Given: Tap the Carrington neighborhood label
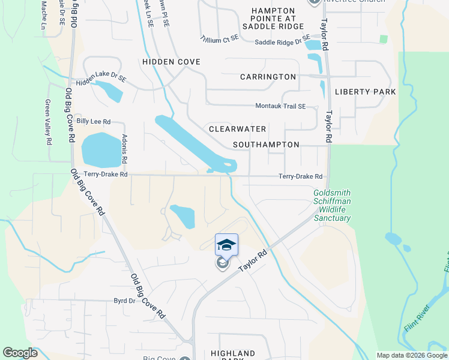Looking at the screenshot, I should click(268, 77).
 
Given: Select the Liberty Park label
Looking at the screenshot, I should click(366, 92).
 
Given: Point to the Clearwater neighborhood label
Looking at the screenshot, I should click(237, 129).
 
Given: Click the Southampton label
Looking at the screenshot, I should click(266, 145).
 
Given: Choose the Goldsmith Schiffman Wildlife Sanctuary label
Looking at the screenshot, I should click(332, 206).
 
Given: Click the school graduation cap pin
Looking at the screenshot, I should click(226, 245).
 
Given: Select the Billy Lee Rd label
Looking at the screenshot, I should click(94, 121).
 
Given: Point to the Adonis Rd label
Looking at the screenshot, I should click(124, 150).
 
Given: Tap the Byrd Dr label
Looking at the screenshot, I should click(124, 300).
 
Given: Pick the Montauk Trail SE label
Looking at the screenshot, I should click(280, 106).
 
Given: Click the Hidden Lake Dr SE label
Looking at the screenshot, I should click(101, 78).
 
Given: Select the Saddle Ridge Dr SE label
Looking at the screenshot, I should click(282, 42).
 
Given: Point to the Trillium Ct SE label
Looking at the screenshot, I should click(220, 37).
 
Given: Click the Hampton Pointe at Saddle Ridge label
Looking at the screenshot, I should click(273, 19).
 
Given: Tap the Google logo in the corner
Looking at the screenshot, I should click(20, 353).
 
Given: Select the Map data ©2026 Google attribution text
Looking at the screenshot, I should click(412, 355).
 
